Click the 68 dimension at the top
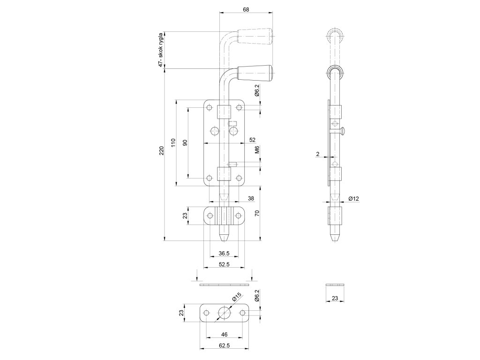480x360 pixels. point(246,9)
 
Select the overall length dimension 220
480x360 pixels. point(161,150)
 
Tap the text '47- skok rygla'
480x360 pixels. point(161,50)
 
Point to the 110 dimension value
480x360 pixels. point(172,142)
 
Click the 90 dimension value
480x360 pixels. point(185,142)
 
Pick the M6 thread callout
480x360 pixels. point(257,150)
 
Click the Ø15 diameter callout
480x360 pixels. point(236,297)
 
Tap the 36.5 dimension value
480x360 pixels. point(224,254)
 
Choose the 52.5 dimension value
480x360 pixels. point(224,264)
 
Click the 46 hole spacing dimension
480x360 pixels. point(224,334)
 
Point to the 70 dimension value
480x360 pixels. point(257,213)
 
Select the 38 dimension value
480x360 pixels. point(251,199)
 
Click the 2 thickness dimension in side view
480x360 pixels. point(318,154)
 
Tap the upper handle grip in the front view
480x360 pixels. point(255,36)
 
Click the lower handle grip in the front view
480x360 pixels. point(255,73)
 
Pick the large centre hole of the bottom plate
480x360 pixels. point(224,313)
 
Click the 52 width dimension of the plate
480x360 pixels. point(252,140)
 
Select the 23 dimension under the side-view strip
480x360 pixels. point(335,297)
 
